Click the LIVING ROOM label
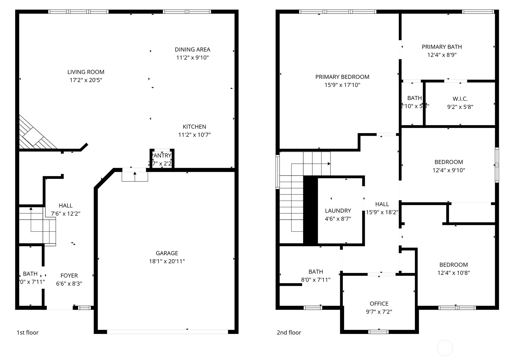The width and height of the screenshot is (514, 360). (86, 72)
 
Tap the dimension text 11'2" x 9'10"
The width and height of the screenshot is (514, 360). (192, 57)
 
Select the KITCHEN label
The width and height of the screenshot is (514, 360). (194, 127)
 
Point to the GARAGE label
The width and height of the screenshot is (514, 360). (167, 253)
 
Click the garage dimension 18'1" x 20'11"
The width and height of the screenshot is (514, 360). (167, 261)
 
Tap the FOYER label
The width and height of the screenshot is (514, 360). (69, 276)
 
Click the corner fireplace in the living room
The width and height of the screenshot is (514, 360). (33, 135)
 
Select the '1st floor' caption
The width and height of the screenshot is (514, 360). (27, 332)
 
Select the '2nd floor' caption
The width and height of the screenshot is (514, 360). (289, 332)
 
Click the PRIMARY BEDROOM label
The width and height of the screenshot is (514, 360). (342, 77)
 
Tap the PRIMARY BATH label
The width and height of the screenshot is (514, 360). (442, 47)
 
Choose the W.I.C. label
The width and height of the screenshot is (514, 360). (460, 99)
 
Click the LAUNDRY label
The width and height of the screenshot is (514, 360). (338, 211)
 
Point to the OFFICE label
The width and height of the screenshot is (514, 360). (379, 304)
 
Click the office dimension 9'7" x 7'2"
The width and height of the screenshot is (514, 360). (379, 312)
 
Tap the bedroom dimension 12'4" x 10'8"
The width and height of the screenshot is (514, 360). (453, 273)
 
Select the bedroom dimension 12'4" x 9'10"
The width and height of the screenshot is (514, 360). (448, 170)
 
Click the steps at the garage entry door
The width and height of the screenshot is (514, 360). (135, 176)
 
